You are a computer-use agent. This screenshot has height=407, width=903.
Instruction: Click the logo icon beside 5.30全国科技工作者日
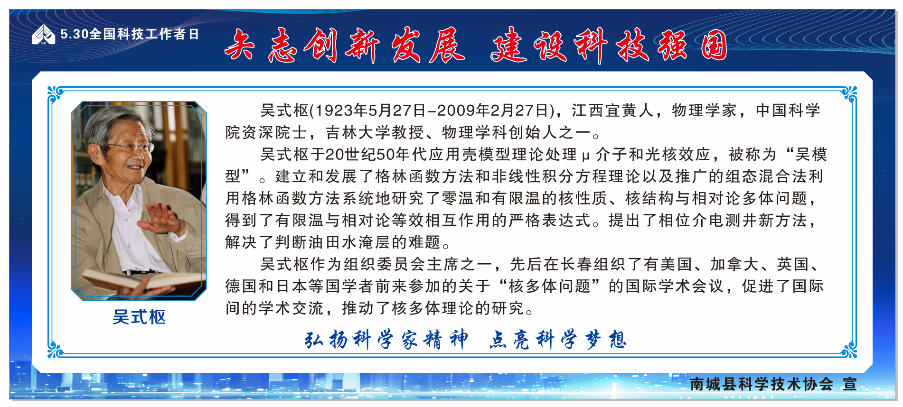tap(43, 35)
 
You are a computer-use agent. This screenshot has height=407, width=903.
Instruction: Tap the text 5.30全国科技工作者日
tap(130, 34)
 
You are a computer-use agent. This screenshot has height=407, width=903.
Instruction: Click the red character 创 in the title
tap(321, 46)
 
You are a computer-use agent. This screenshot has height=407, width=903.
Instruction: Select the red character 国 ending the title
tap(714, 46)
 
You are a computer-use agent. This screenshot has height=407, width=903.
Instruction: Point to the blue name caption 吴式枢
tap(139, 317)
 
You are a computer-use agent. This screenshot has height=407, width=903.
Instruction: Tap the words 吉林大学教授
tap(375, 132)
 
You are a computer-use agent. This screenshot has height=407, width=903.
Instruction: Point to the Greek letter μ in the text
tap(585, 156)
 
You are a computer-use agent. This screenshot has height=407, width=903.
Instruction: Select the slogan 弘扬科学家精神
tap(386, 340)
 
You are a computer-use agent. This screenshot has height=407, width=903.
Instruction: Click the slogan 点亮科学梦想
tap(558, 340)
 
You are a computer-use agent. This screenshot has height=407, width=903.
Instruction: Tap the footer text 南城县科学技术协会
tap(762, 384)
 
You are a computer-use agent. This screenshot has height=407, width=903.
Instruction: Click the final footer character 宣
tap(849, 384)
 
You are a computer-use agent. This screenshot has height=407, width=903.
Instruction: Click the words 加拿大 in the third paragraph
tap(735, 264)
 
